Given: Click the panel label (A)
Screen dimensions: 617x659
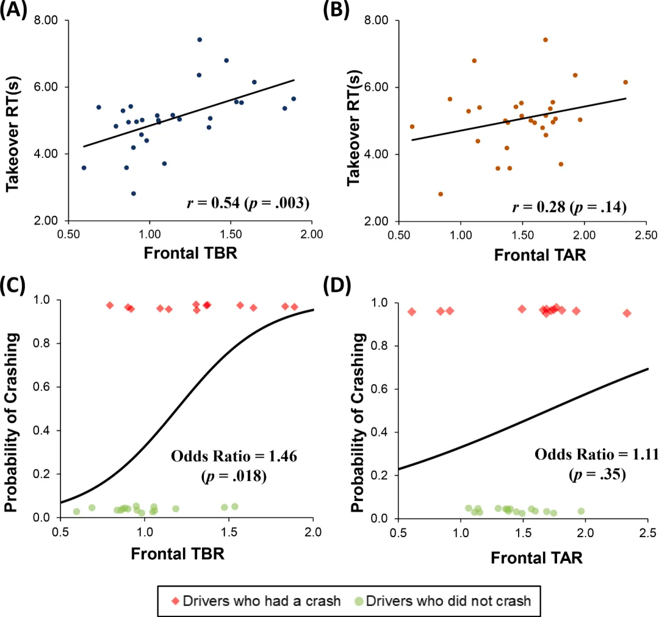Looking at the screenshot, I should (13, 10).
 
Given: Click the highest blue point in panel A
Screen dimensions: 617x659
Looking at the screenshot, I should (200, 40).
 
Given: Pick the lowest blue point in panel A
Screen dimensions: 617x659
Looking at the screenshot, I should (134, 193).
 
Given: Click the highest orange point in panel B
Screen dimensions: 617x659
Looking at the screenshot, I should (545, 40).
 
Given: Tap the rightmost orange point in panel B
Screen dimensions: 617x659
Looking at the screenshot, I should (625, 82).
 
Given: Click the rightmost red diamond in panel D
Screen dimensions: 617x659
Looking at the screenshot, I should (627, 313).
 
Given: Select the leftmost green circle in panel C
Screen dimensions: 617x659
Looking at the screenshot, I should (77, 512).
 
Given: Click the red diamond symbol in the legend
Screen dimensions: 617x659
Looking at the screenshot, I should (176, 601).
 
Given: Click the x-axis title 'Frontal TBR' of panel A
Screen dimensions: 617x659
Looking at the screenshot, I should (190, 253).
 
